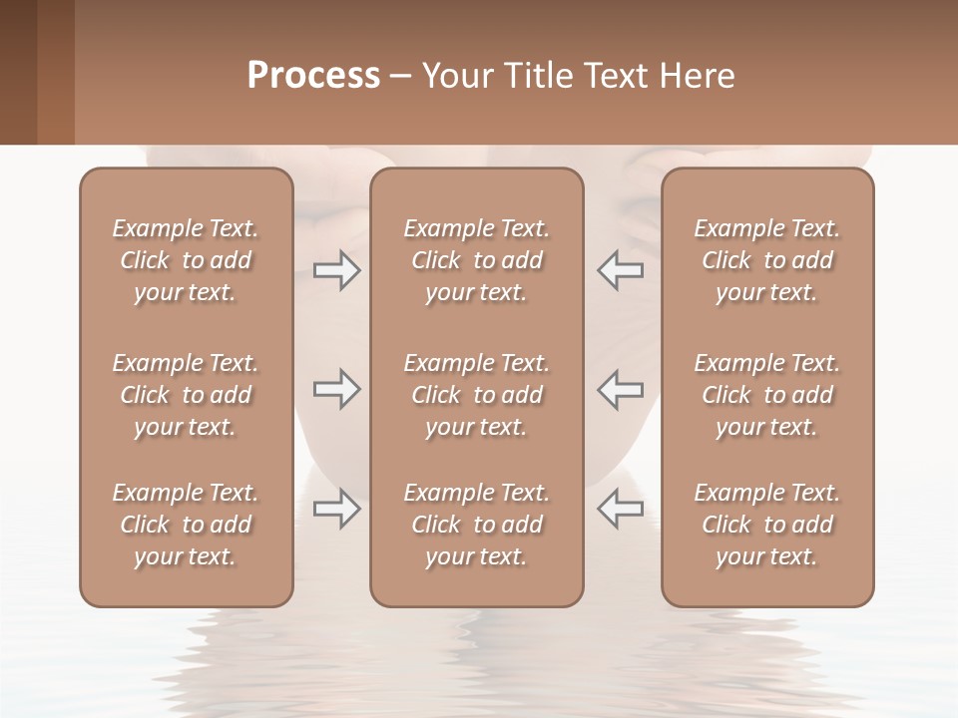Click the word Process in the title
(x=313, y=76)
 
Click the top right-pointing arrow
(x=336, y=270)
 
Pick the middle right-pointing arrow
(x=336, y=389)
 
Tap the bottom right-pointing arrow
(x=336, y=509)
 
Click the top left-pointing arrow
(x=620, y=270)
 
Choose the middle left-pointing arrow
(x=620, y=389)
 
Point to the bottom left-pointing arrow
(x=620, y=509)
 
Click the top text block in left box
(x=186, y=260)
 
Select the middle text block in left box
(x=186, y=395)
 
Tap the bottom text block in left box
(x=186, y=525)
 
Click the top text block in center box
(x=476, y=260)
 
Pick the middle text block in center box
(x=476, y=395)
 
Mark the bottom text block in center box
(x=476, y=525)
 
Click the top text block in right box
(x=766, y=260)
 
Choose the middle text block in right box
(x=766, y=395)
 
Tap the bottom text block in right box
(x=766, y=525)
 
